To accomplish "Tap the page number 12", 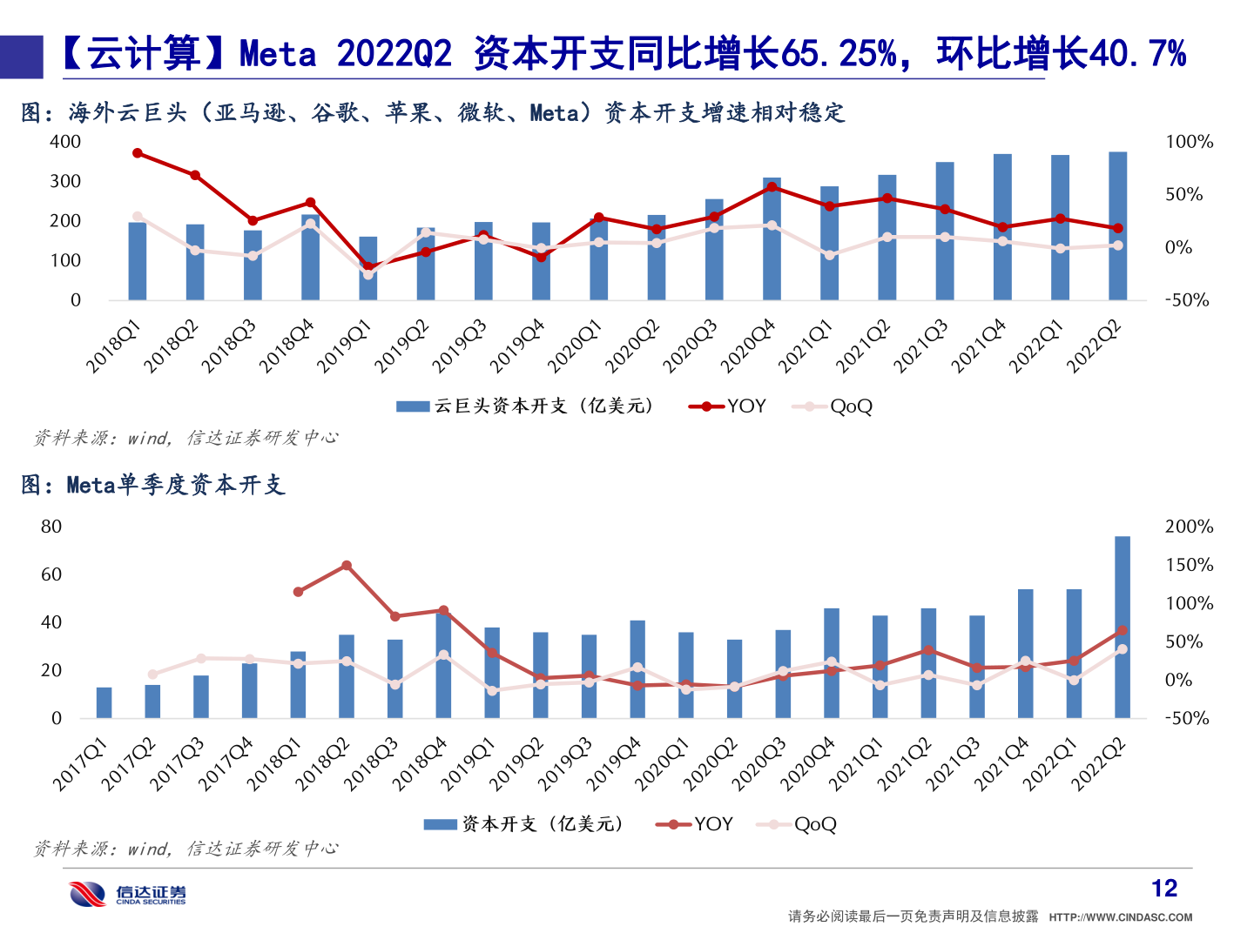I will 1163,888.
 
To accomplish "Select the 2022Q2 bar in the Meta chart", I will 1122,627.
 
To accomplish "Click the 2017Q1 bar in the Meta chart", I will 104,702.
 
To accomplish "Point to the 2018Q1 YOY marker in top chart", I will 138,153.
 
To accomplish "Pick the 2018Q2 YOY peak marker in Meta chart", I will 347,566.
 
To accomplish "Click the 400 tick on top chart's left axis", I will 65,142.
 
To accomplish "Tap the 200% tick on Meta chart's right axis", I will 1188,527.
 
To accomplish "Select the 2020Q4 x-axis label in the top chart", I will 748,346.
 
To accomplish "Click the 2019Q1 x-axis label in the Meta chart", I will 468,764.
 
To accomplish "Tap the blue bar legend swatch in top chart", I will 412,406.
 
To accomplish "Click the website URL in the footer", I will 1120,917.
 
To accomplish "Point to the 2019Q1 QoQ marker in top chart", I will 368,275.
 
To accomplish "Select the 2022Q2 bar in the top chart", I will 1117,226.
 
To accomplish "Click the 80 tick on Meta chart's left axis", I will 51,527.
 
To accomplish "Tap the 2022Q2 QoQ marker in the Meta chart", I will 1122,649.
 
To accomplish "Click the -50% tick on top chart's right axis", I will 1187,300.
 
